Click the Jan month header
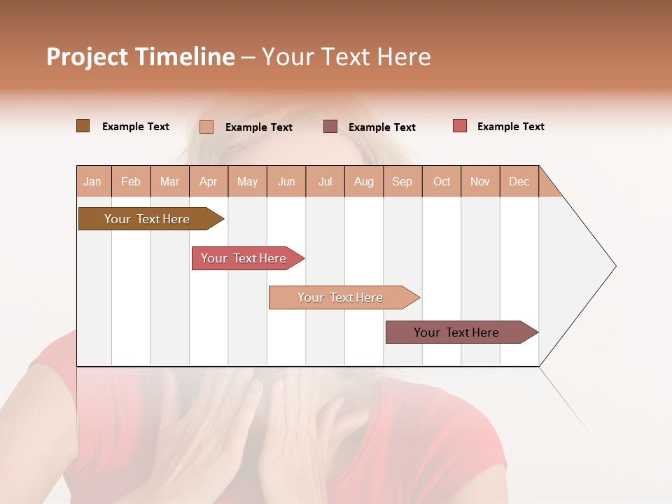pos(93,181)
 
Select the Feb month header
pos(131,181)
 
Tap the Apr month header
pos(209,181)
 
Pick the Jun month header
pos(286,181)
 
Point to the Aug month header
pos(364,181)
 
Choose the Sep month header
pos(402,181)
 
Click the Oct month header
pos(442,181)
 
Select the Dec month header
pos(519,181)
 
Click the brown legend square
pos(83,126)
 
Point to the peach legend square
pos(206,127)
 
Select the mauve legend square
pos(330,126)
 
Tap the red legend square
pos(460,126)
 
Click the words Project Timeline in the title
pos(140,57)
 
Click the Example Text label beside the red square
pos(510,127)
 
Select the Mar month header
pos(169,181)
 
